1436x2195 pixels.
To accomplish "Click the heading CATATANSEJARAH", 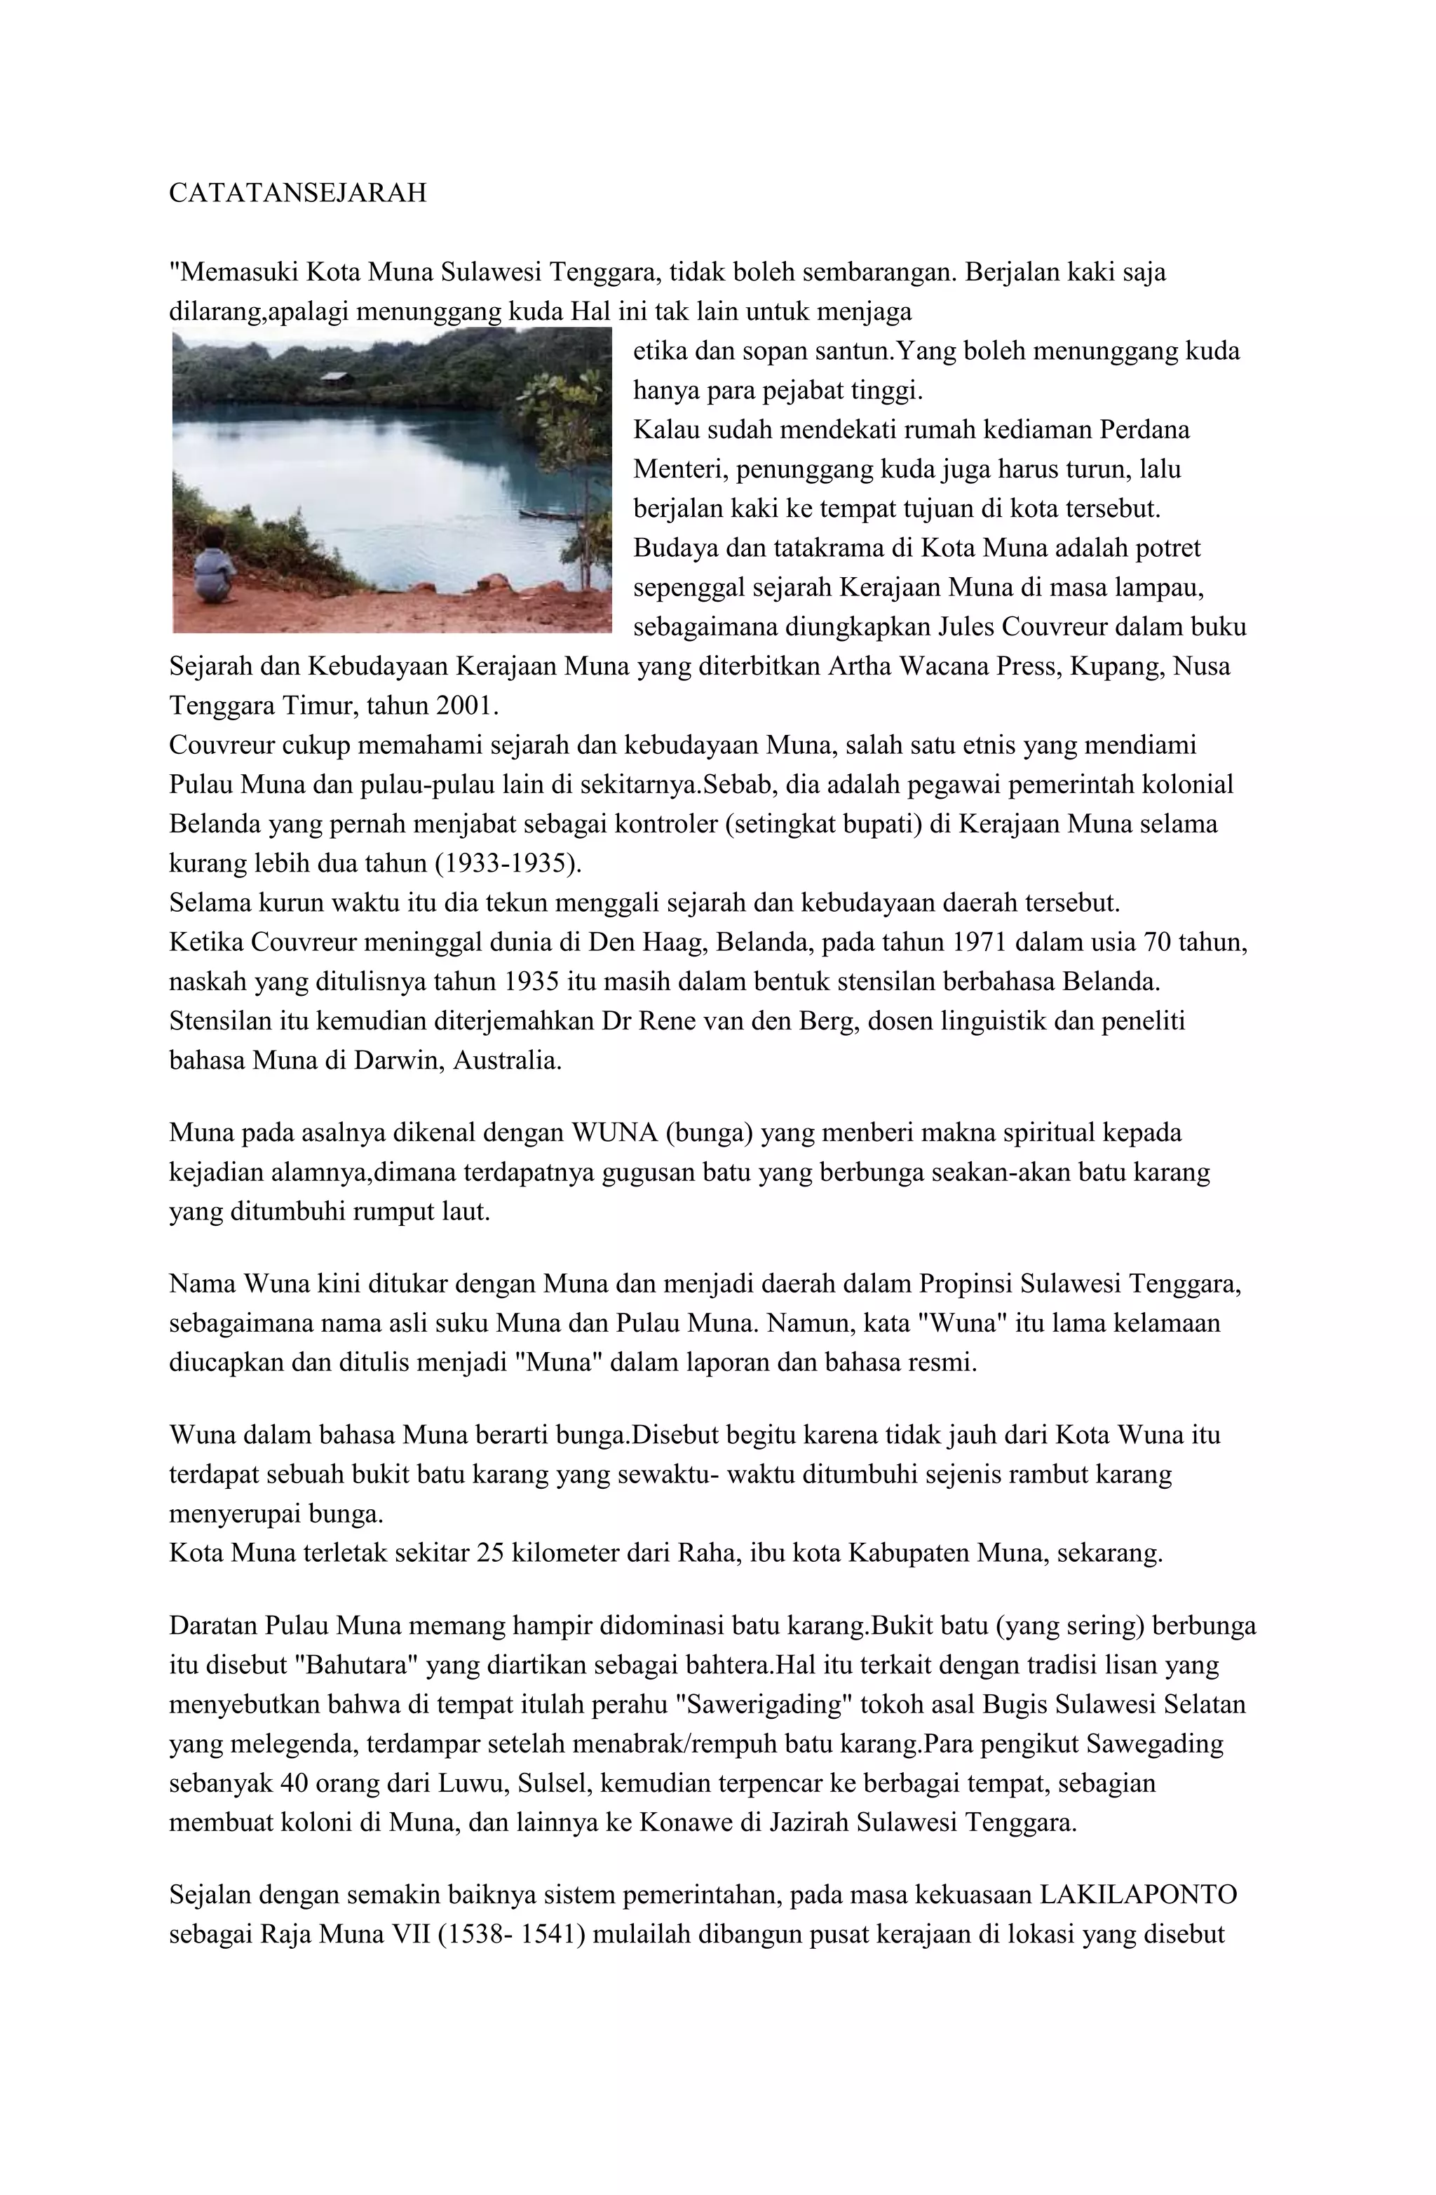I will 298,193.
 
